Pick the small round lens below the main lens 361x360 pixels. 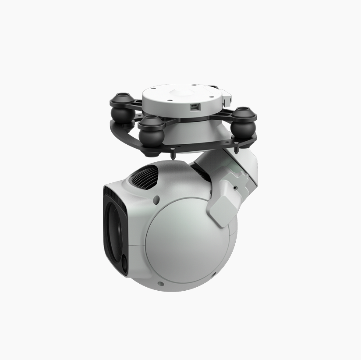point(124,264)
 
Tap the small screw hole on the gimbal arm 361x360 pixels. point(235,187)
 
